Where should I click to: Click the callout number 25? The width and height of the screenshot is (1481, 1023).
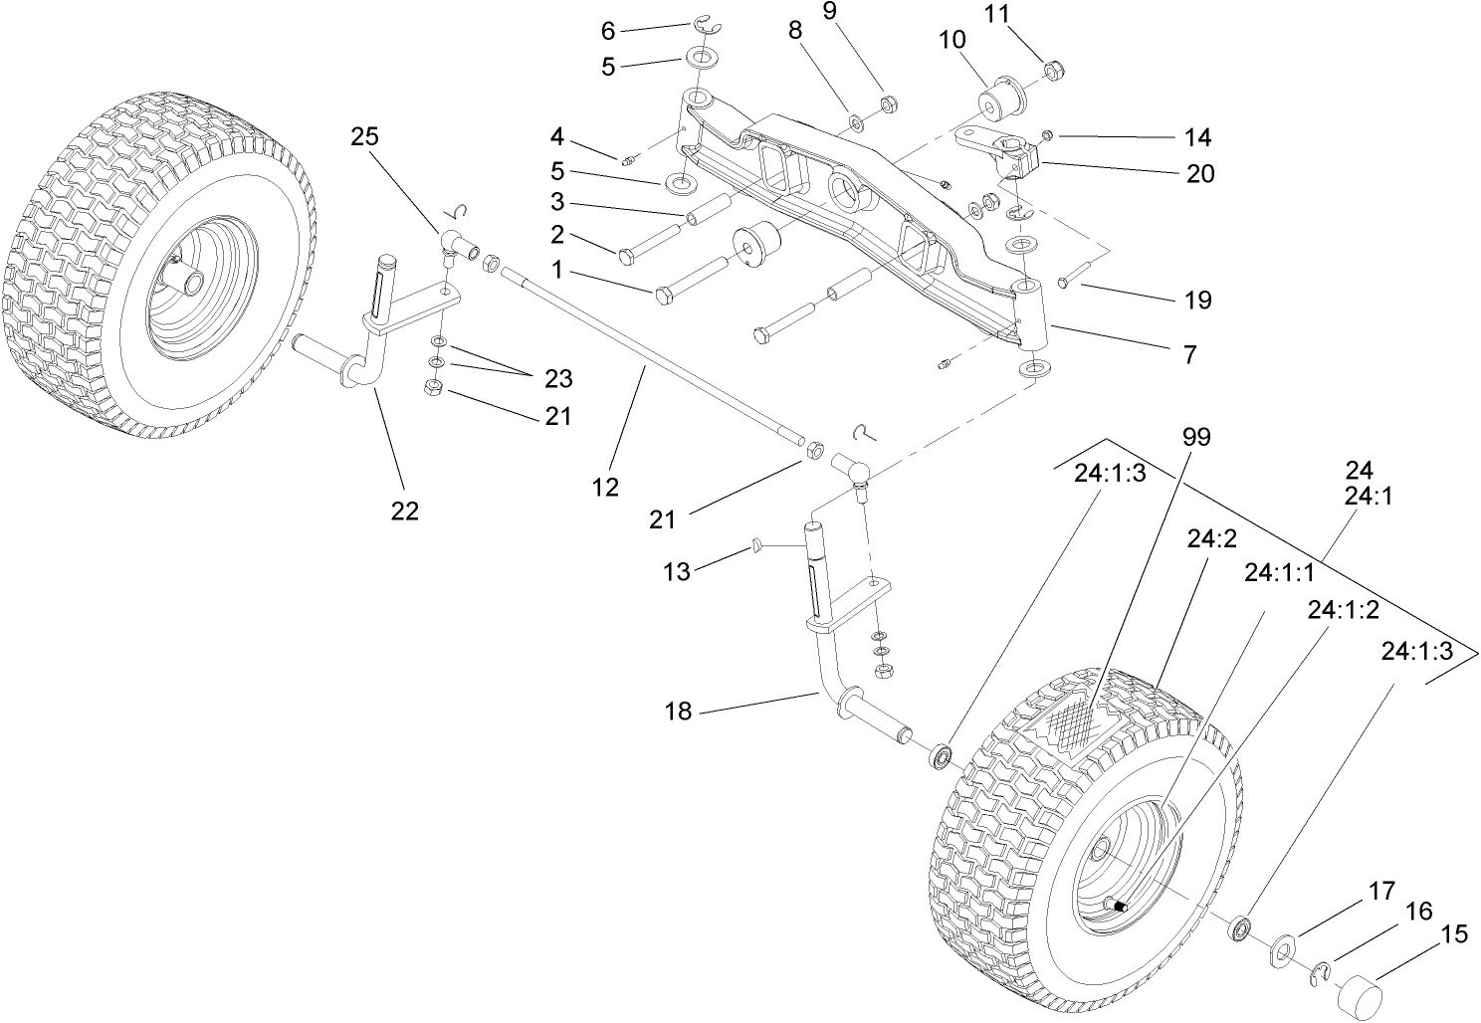tap(365, 137)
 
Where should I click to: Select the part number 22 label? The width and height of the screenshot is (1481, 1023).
tap(404, 511)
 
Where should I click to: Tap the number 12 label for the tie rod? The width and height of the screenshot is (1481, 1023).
tap(605, 487)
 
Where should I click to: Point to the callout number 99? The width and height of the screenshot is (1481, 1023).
tap(1197, 438)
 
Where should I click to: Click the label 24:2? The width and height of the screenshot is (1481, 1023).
tap(1211, 538)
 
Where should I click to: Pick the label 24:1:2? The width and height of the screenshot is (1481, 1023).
tap(1344, 610)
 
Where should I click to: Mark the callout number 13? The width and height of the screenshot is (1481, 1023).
tap(677, 571)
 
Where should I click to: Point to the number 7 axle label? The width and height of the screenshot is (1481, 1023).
tap(1189, 353)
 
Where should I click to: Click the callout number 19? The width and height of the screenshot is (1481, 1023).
tap(1199, 300)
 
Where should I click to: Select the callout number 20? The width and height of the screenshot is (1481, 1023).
tap(1200, 173)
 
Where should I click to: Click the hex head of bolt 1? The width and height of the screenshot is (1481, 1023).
tap(665, 294)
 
